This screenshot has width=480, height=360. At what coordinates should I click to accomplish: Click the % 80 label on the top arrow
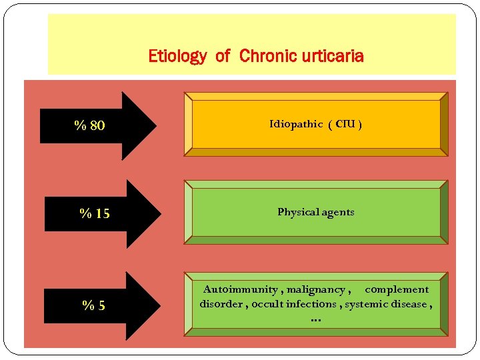[x=89, y=125]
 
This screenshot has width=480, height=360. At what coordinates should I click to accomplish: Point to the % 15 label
[x=95, y=214]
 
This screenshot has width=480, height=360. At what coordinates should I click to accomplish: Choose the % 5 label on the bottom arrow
[x=94, y=306]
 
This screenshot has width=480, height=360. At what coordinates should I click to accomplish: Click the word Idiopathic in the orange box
[x=296, y=124]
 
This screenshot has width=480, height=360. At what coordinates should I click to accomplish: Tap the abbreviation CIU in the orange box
[x=345, y=124]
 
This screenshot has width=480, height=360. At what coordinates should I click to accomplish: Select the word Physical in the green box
[x=298, y=212]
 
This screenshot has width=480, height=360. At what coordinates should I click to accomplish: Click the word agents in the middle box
[x=337, y=212]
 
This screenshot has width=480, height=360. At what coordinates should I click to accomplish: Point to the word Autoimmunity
[x=241, y=289]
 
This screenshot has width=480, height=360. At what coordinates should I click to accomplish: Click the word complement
[x=397, y=289]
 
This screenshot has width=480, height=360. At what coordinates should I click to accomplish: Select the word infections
[x=314, y=304]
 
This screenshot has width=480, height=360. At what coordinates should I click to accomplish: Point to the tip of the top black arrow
[x=155, y=125]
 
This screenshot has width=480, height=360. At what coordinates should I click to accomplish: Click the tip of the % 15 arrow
[x=160, y=214]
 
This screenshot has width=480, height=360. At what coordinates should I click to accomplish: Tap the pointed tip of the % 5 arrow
[x=160, y=305]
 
